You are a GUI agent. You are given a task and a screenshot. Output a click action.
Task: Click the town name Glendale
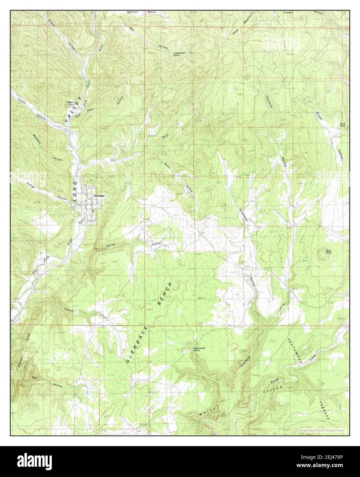tap(100, 195)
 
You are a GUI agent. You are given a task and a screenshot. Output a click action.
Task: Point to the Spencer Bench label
tap(146, 12)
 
